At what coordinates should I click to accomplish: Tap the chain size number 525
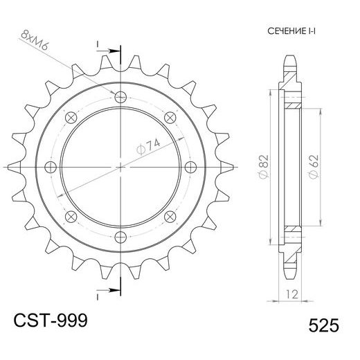click(x=321, y=325)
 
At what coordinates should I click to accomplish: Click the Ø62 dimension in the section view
click(x=313, y=166)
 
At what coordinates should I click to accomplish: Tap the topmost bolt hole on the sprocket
click(x=122, y=96)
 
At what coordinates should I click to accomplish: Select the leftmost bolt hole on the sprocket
click(x=51, y=167)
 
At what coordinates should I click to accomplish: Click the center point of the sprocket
click(x=122, y=167)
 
